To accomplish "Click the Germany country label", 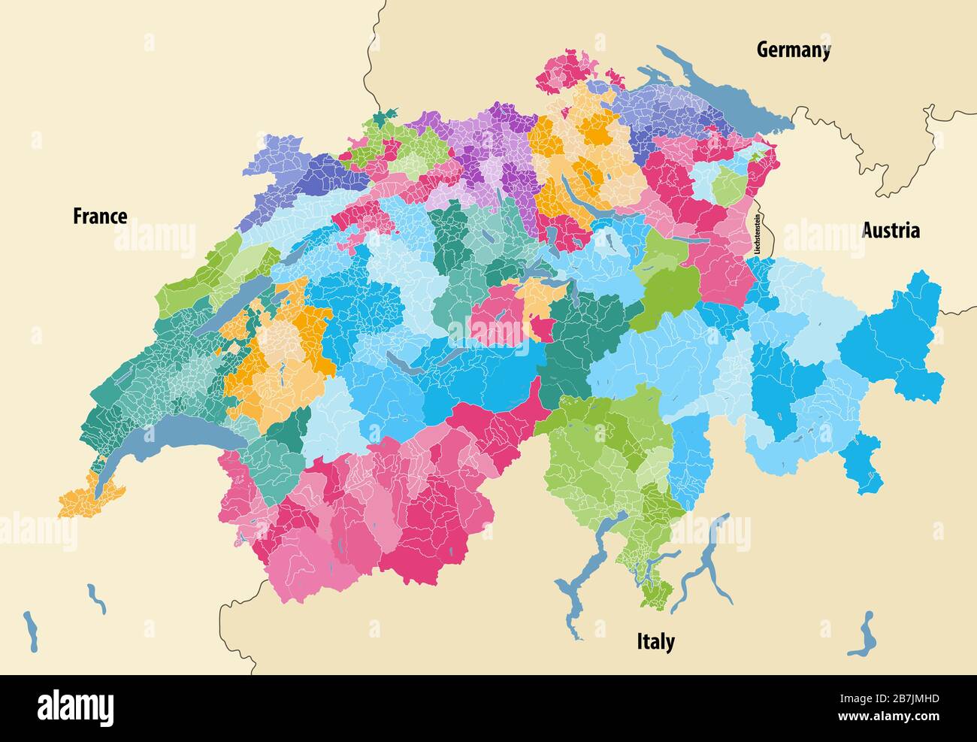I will (x=793, y=50).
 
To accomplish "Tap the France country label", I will (x=100, y=217).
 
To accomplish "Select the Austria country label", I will (x=891, y=230).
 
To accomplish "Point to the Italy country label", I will (x=655, y=641).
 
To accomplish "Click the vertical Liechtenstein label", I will (x=758, y=236).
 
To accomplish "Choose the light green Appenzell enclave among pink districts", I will (x=727, y=186).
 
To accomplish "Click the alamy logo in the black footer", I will (x=75, y=707).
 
